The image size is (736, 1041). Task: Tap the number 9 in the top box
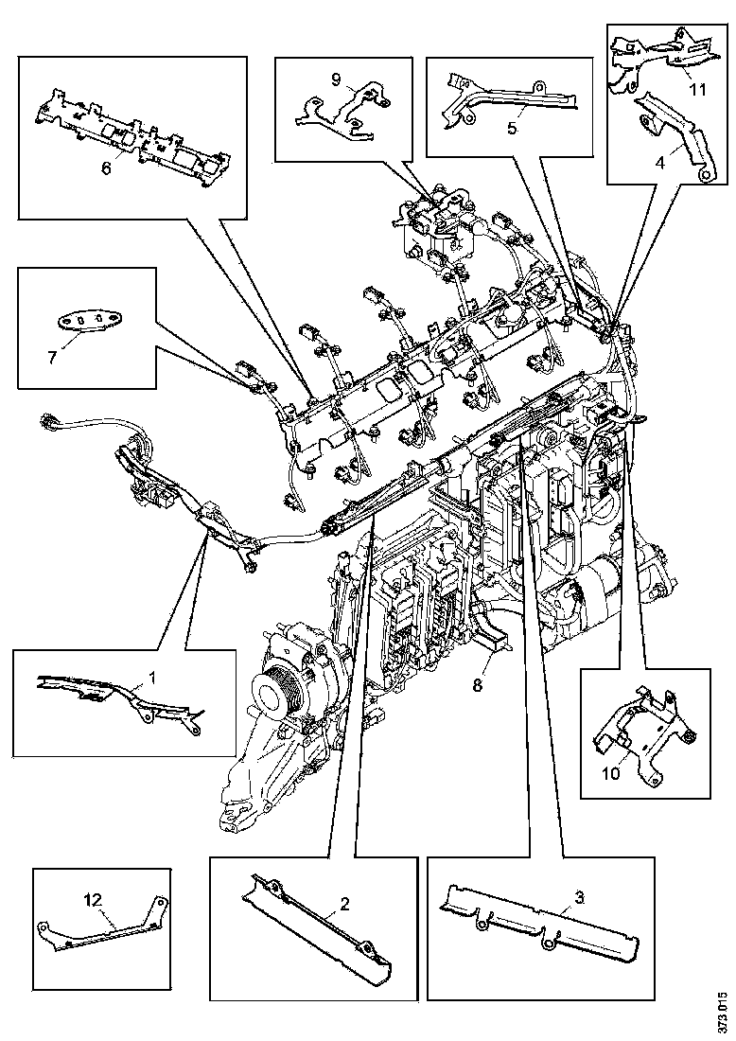[x=336, y=79]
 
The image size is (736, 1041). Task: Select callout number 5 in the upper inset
[x=511, y=127]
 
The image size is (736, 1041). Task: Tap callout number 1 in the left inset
[x=151, y=678]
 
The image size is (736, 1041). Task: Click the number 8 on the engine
[x=478, y=684]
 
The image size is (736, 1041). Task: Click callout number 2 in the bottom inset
[x=345, y=904]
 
